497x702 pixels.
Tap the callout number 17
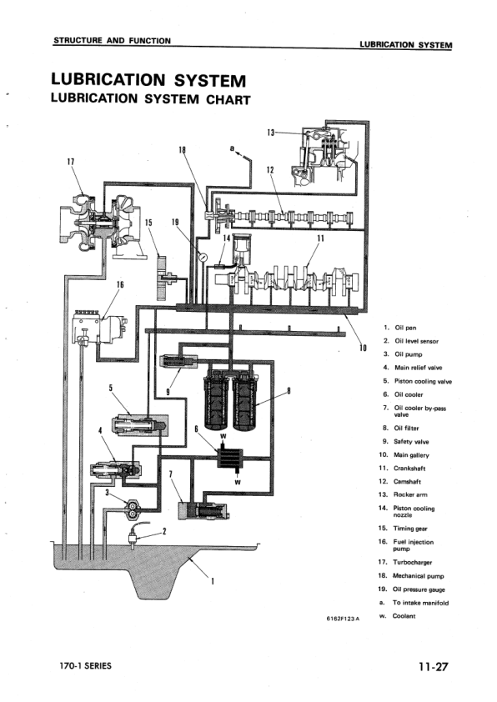(x=70, y=161)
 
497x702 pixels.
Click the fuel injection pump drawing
(x=97, y=324)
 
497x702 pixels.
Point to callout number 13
(x=271, y=132)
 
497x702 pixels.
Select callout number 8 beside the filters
(x=289, y=390)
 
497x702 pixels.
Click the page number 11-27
(x=434, y=666)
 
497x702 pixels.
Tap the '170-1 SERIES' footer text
(x=84, y=666)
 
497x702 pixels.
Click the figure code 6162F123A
(x=343, y=618)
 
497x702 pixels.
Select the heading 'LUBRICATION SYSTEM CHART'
(x=150, y=99)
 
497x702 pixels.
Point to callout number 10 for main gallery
(x=363, y=348)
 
